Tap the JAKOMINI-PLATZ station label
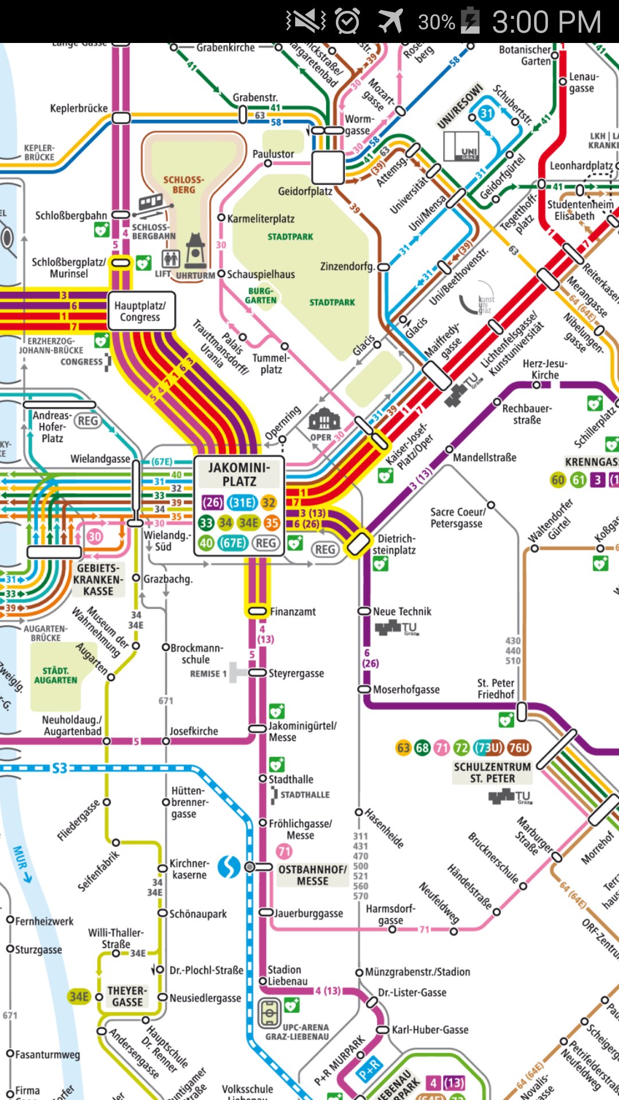pyautogui.click(x=239, y=474)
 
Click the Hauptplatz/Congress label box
pyautogui.click(x=140, y=312)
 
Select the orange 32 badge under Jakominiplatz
pyautogui.click(x=269, y=502)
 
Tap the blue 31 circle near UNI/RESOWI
pyautogui.click(x=486, y=113)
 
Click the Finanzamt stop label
pyautogui.click(x=292, y=612)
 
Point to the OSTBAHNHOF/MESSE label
pyautogui.click(x=312, y=875)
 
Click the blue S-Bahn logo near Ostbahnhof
pyautogui.click(x=229, y=867)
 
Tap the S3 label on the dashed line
pyautogui.click(x=60, y=768)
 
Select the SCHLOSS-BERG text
pyautogui.click(x=183, y=184)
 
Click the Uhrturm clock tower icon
pyautogui.click(x=195, y=252)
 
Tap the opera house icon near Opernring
pyautogui.click(x=324, y=421)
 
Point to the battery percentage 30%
pyautogui.click(x=436, y=22)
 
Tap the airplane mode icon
pyautogui.click(x=391, y=21)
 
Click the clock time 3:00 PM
pyautogui.click(x=546, y=22)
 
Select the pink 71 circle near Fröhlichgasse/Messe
pyautogui.click(x=284, y=851)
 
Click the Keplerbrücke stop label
pyautogui.click(x=79, y=108)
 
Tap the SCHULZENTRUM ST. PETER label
pyautogui.click(x=492, y=772)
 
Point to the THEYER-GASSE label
pyautogui.click(x=127, y=996)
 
